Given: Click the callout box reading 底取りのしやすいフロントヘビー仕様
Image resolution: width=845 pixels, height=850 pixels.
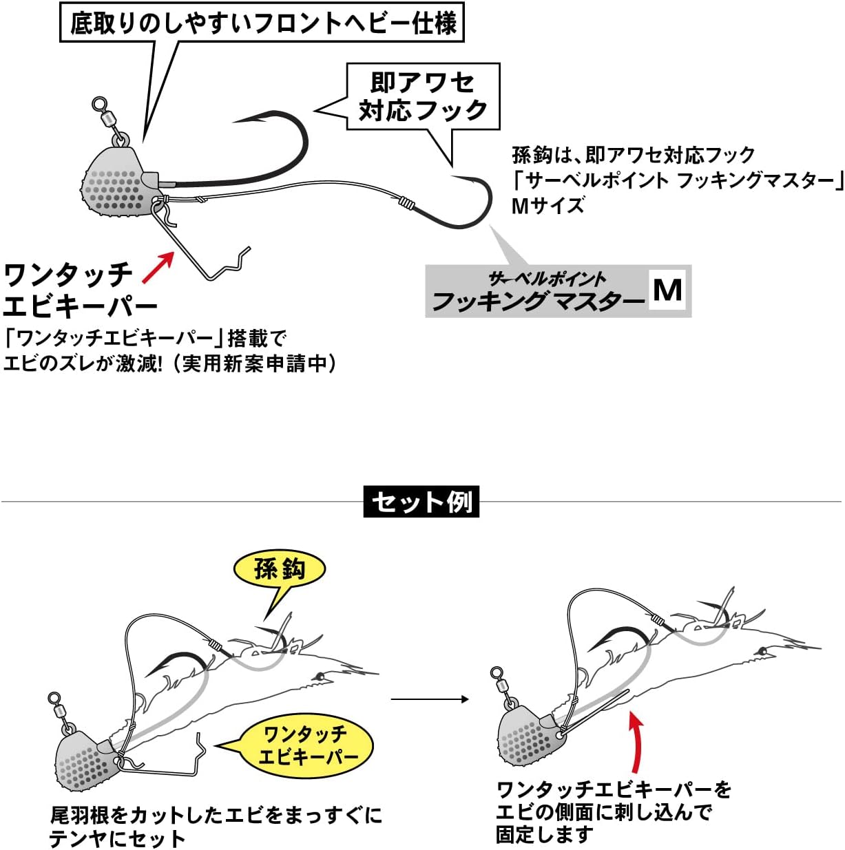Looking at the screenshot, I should pyautogui.click(x=262, y=23).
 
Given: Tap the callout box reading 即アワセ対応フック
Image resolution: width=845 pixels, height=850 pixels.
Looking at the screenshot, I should pyautogui.click(x=423, y=96).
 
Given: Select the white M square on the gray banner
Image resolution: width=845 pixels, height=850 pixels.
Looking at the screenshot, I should pyautogui.click(x=667, y=290).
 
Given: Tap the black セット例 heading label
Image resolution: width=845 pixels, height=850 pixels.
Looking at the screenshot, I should pyautogui.click(x=421, y=502).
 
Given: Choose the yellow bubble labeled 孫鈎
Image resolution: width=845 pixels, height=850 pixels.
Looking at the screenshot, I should pyautogui.click(x=279, y=569).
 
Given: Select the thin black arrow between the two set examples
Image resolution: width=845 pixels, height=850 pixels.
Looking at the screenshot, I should pyautogui.click(x=430, y=699).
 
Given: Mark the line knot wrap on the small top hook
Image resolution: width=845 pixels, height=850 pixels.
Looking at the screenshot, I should pyautogui.click(x=407, y=204).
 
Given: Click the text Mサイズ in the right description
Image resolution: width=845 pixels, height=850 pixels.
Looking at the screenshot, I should pyautogui.click(x=547, y=205).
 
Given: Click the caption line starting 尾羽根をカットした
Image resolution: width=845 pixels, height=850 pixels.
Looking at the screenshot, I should pyautogui.click(x=216, y=816).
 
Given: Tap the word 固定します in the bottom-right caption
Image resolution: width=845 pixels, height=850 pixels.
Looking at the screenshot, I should pyautogui.click(x=544, y=835).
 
